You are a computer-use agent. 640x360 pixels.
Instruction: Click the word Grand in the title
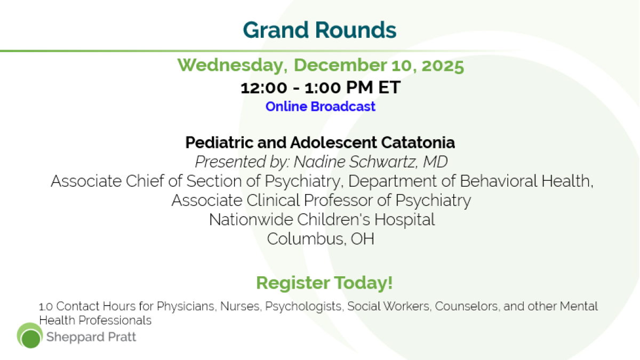pos(276,30)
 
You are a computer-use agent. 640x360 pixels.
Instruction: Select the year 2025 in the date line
pos(443,66)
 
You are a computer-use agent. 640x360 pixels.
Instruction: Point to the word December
pos(340,65)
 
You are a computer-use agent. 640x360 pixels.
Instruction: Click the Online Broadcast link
pos(321,107)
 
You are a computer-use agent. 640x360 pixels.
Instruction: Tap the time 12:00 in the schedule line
pos(263,87)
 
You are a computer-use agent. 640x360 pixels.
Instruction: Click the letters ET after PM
pos(389,87)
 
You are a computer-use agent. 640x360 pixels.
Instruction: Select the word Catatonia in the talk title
pos(418,142)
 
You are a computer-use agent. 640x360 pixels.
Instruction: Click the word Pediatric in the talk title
pos(219,142)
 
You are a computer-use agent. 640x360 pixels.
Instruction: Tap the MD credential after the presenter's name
pos(435,162)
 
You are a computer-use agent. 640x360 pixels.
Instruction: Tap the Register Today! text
pos(324,283)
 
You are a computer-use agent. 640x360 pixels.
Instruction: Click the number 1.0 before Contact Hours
pos(46,307)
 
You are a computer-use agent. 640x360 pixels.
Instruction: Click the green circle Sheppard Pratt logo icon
pos(30,335)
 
